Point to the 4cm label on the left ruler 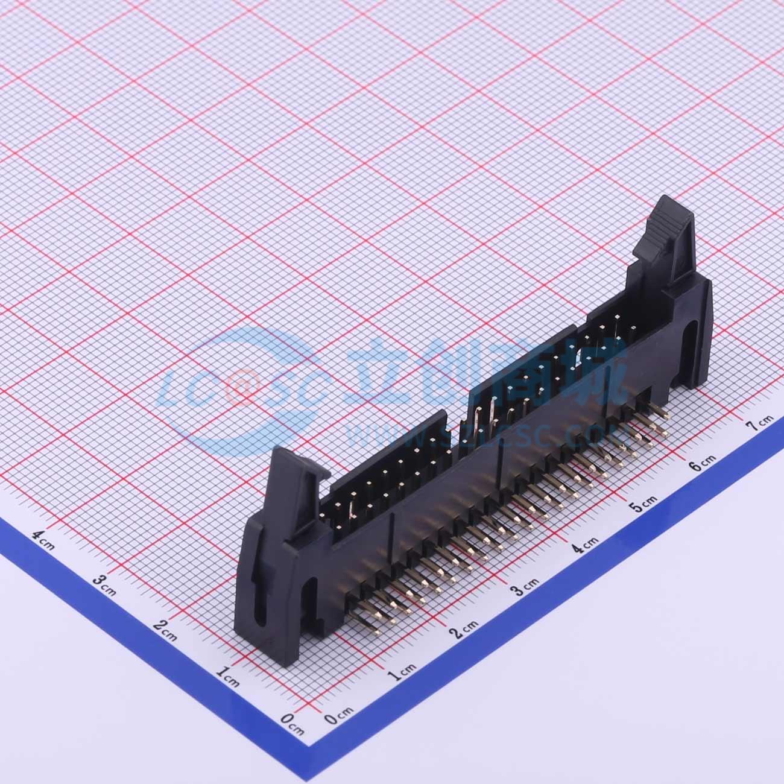43,534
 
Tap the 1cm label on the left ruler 228,673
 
